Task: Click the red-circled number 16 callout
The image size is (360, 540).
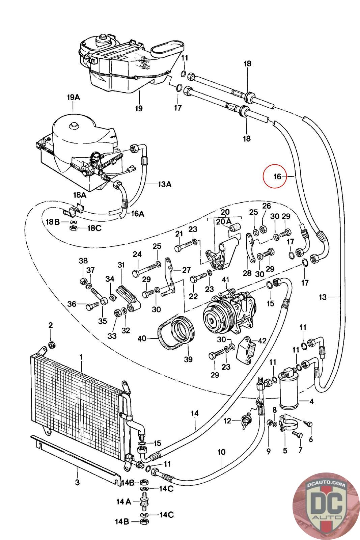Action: coord(277,177)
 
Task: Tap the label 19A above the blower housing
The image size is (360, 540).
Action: coord(74,98)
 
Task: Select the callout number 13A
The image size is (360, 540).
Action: coord(165,184)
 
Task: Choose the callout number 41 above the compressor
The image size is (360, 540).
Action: coord(225,280)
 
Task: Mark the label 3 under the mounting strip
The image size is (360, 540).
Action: coord(77,482)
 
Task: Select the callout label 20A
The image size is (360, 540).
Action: coord(223,221)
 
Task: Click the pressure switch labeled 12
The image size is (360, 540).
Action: coord(246,421)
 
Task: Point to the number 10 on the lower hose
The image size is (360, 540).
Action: coord(221,452)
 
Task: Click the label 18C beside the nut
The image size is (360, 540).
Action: coord(94,228)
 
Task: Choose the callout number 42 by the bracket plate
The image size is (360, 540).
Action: coord(262,341)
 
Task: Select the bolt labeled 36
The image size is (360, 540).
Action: coord(92,306)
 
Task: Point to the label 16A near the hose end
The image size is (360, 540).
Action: coord(137,214)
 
